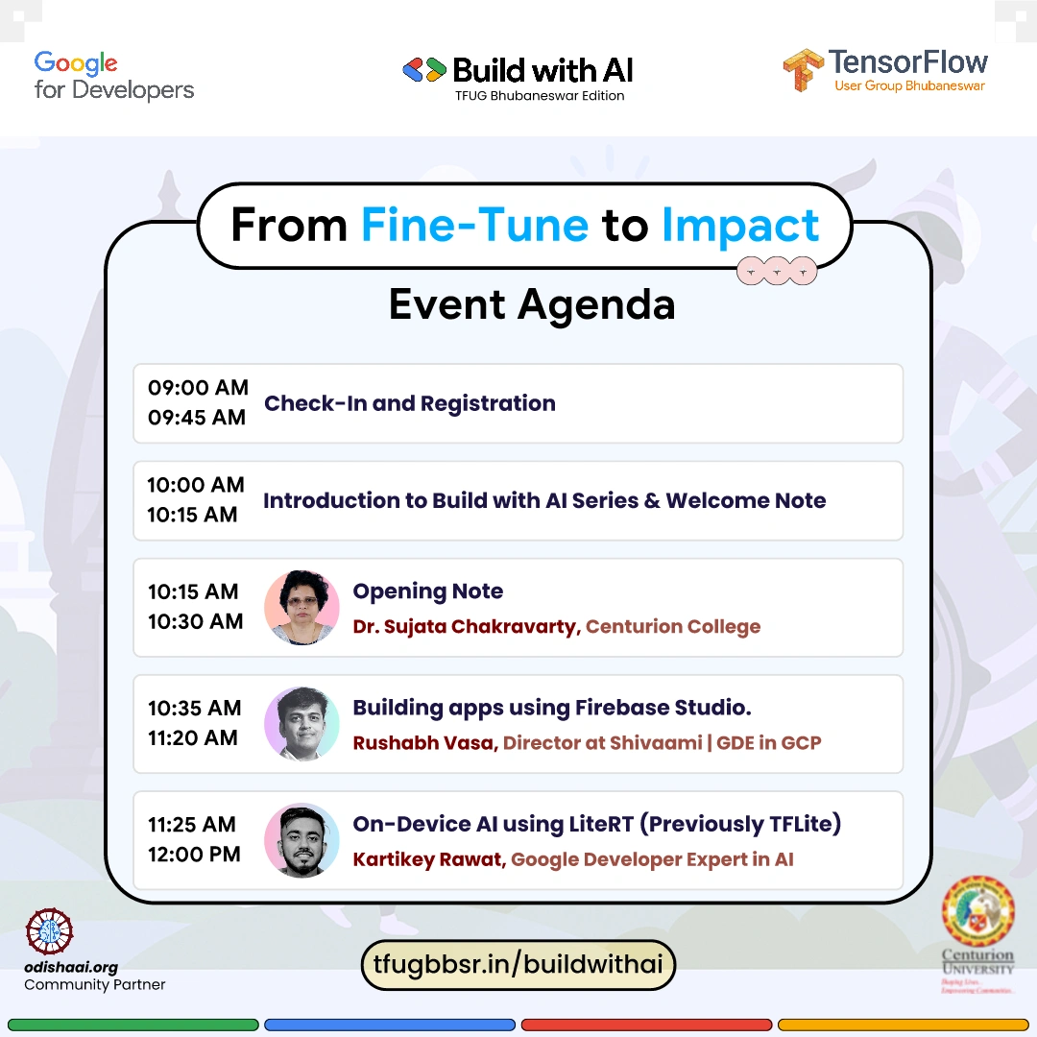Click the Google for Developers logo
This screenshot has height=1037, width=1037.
(x=113, y=76)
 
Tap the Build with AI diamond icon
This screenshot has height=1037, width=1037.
(x=424, y=70)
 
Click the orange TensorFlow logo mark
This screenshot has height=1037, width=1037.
(x=803, y=69)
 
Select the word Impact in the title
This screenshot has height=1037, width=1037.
(x=740, y=226)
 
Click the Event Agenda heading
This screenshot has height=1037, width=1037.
(x=532, y=305)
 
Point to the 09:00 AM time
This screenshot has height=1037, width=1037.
(x=198, y=388)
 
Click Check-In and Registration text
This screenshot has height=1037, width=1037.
(x=409, y=403)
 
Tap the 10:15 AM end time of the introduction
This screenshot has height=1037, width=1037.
(x=192, y=515)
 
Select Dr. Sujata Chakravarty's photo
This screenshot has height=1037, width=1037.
(x=301, y=607)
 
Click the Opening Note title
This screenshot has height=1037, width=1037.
(x=428, y=591)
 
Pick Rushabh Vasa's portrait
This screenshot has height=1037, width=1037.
(x=301, y=724)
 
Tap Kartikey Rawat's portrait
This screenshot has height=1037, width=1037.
(x=301, y=840)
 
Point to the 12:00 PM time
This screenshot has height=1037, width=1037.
(x=194, y=855)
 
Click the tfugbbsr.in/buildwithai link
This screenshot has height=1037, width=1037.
(x=518, y=965)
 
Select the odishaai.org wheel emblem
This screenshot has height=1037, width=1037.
(x=49, y=931)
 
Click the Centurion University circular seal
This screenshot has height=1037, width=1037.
(x=978, y=910)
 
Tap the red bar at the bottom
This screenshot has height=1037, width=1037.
(x=646, y=1025)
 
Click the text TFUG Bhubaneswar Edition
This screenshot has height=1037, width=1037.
(x=540, y=96)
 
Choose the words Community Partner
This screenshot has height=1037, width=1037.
(x=94, y=985)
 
